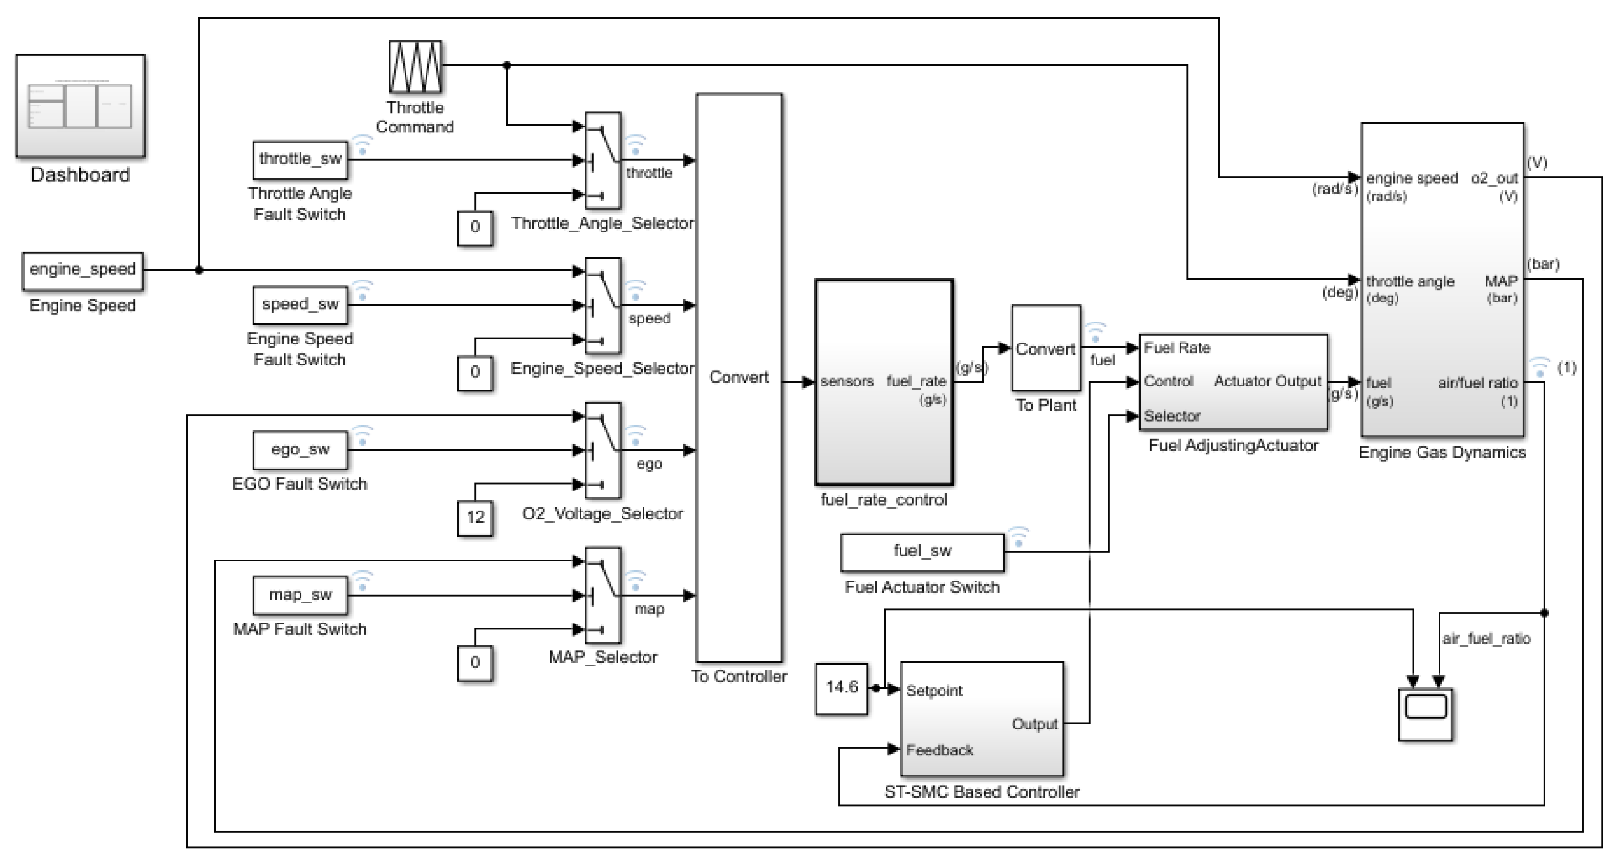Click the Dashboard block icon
click(x=80, y=105)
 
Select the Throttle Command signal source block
click(x=415, y=66)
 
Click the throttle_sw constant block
click(x=300, y=160)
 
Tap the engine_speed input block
click(x=83, y=270)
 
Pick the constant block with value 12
click(x=474, y=517)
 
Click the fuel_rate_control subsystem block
click(x=884, y=382)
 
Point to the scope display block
click(x=1425, y=714)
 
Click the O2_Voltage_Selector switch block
click(x=602, y=450)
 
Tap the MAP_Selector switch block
click(x=602, y=595)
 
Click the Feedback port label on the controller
click(x=939, y=750)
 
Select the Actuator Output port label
click(x=1267, y=381)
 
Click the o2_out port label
click(x=1493, y=179)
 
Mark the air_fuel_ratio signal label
click(x=1486, y=638)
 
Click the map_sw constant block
click(x=300, y=595)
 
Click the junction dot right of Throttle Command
click(x=506, y=65)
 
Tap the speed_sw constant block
click(x=300, y=305)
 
